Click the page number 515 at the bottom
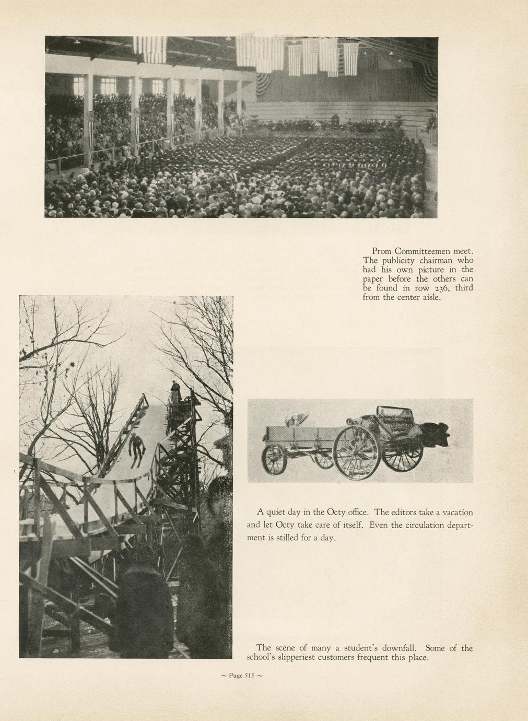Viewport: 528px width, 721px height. pyautogui.click(x=245, y=676)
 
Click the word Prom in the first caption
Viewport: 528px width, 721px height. pyautogui.click(x=381, y=251)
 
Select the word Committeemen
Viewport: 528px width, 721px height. pyautogui.click(x=424, y=251)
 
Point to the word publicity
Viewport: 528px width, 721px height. pyautogui.click(x=397, y=261)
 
